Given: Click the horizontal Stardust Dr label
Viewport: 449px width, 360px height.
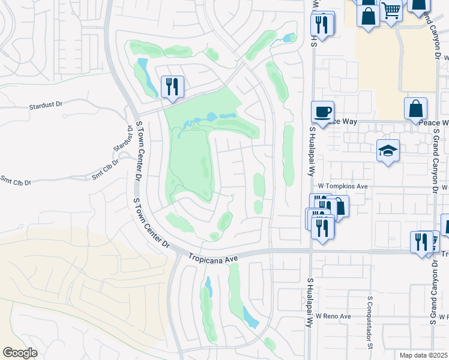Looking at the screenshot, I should coord(46,106).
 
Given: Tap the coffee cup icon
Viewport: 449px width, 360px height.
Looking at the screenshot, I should coord(322,112).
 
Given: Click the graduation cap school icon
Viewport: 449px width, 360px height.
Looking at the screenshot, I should coord(388,151).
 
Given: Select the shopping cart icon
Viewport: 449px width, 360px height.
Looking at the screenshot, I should coord(391,11).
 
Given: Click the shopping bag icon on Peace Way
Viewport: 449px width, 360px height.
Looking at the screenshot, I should coord(415,109).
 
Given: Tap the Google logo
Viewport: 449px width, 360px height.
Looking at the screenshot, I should coord(19,353).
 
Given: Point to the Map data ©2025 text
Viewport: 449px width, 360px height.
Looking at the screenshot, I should coord(423,355).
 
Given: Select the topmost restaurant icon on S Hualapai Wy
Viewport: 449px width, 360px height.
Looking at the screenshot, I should coord(322,25).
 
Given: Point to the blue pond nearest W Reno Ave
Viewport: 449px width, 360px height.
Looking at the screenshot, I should coord(250,316).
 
